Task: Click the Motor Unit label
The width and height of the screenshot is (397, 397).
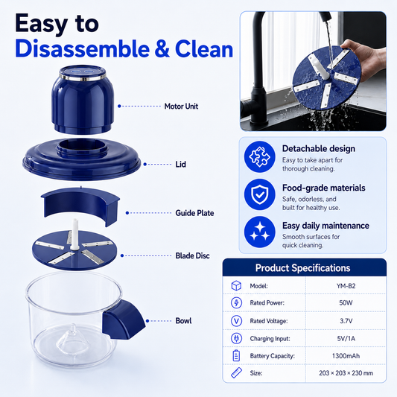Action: coord(181,107)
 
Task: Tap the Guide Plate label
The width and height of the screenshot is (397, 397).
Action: coord(194,213)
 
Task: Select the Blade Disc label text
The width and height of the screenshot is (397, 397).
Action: coord(192,255)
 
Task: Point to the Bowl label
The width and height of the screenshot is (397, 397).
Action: coord(183,321)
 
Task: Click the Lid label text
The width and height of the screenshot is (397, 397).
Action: coord(180,165)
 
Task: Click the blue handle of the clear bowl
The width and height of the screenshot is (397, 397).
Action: coord(124,320)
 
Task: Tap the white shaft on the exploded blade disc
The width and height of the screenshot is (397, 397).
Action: coord(74,234)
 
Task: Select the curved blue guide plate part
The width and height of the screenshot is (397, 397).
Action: coord(80,204)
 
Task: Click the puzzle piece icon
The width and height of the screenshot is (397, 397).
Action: coord(259,157)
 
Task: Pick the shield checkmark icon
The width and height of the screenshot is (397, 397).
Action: coord(259,194)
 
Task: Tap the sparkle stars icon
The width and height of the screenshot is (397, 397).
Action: coord(259,232)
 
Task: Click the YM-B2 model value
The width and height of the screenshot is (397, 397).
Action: coord(346,286)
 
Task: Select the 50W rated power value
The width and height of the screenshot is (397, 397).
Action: coord(346,303)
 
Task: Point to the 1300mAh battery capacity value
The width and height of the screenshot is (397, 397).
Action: coord(346,356)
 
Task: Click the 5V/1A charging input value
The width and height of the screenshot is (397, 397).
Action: coord(346,338)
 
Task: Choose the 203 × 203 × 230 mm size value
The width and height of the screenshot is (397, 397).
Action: coord(346,373)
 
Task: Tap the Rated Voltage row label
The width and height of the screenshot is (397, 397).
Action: coord(269,321)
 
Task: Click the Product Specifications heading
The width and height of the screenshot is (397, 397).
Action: coord(303,268)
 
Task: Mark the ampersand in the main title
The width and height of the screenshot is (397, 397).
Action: coord(162,48)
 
